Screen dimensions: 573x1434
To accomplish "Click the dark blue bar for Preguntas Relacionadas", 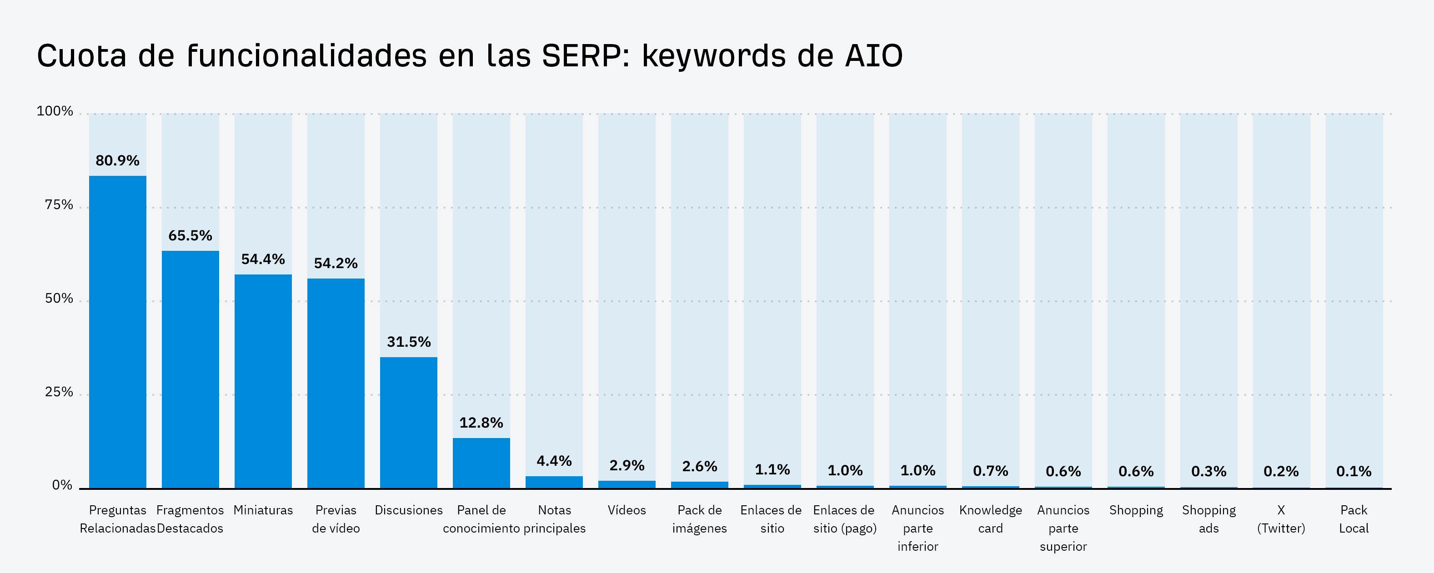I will coord(117,332).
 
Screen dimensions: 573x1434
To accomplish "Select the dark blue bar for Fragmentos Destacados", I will coord(191,369).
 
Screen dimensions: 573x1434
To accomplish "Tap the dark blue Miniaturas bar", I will coord(263,381).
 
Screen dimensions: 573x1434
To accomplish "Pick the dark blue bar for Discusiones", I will coord(409,422).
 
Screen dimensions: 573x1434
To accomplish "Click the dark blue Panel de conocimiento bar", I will coord(481,463).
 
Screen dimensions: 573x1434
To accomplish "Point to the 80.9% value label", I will coord(117,161).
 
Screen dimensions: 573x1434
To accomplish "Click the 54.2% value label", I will coord(336,263).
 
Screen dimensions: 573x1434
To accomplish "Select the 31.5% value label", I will coord(409,342).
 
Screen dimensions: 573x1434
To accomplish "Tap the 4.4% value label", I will coord(554,461).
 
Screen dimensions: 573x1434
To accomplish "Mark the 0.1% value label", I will coord(1353,471).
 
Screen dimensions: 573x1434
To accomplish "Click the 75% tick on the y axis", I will coord(59,205).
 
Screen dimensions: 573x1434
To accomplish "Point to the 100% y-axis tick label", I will coord(55,111).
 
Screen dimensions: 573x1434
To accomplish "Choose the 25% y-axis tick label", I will coord(59,392).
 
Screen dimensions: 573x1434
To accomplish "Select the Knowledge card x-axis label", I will coord(990,519).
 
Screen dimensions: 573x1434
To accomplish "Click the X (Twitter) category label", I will coord(1281,519).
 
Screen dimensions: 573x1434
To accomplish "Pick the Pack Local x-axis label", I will coord(1353,519).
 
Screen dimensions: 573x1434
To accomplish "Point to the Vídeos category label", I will coord(627,510).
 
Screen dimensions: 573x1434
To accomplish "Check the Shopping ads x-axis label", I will coord(1208,519).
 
